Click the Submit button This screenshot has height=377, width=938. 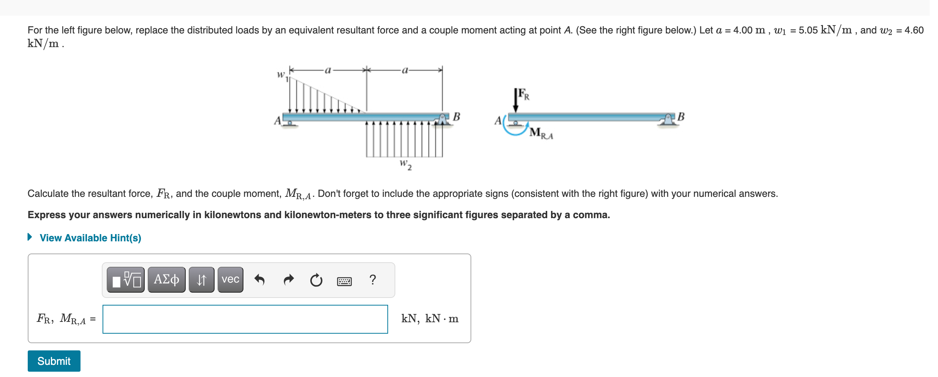(54, 361)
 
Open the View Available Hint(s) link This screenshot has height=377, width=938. (90, 238)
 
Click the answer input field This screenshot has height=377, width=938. (245, 319)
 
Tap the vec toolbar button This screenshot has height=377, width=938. (230, 280)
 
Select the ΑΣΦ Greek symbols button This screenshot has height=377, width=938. (166, 280)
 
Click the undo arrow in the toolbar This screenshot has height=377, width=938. (259, 280)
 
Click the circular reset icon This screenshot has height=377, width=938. (316, 280)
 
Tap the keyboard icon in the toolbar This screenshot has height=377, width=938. (344, 281)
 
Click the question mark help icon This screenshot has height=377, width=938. (373, 280)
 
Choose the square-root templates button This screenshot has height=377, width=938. (126, 280)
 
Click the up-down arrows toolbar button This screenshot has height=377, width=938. (201, 280)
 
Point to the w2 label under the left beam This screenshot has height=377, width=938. (406, 165)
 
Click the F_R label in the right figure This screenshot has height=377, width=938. (524, 94)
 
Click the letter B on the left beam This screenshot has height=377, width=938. (456, 117)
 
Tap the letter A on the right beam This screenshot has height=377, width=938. (498, 120)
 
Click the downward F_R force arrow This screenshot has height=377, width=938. (515, 101)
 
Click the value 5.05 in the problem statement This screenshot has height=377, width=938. (808, 30)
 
